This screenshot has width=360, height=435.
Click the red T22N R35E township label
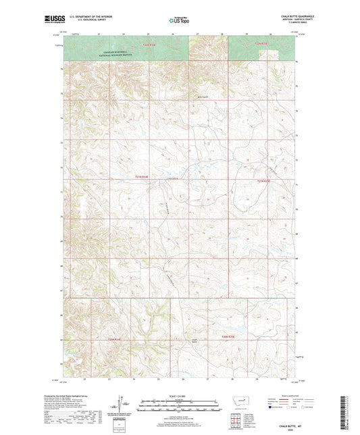point(261,45)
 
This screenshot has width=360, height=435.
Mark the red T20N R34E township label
point(115,340)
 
